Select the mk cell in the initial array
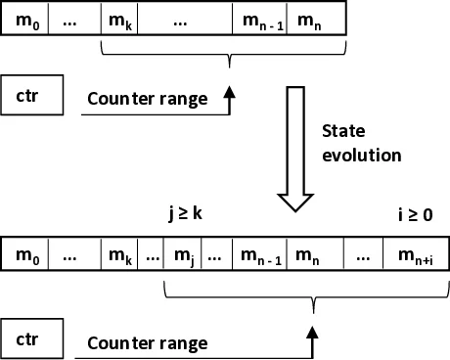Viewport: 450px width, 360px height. (120, 19)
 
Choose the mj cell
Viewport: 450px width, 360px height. (184, 256)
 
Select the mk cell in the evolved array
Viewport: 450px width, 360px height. (120, 256)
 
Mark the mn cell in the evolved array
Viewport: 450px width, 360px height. (315, 256)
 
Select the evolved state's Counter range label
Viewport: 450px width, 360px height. (147, 343)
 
